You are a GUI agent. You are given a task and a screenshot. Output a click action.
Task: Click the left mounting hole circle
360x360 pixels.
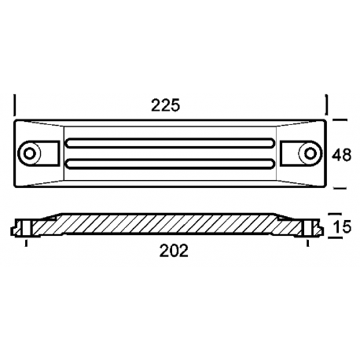(31, 152)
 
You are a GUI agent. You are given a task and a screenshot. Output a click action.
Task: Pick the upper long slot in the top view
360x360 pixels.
(171, 143)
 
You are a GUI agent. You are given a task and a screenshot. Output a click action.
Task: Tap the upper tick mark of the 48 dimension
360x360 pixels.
(339, 119)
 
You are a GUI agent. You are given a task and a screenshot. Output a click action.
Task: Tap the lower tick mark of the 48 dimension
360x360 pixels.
(339, 189)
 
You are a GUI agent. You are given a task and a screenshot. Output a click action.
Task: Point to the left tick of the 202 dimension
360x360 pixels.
(28, 243)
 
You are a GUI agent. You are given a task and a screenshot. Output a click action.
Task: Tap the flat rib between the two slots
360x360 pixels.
(171, 152)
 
